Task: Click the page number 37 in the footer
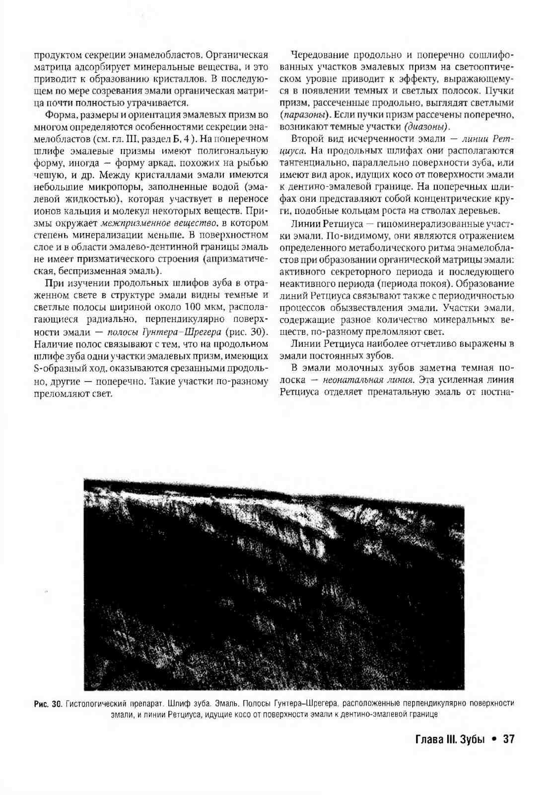[x=508, y=739]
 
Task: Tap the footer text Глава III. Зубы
[x=449, y=739]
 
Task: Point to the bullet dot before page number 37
[x=493, y=739]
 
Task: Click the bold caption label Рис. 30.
[x=47, y=703]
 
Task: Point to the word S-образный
[x=57, y=368]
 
